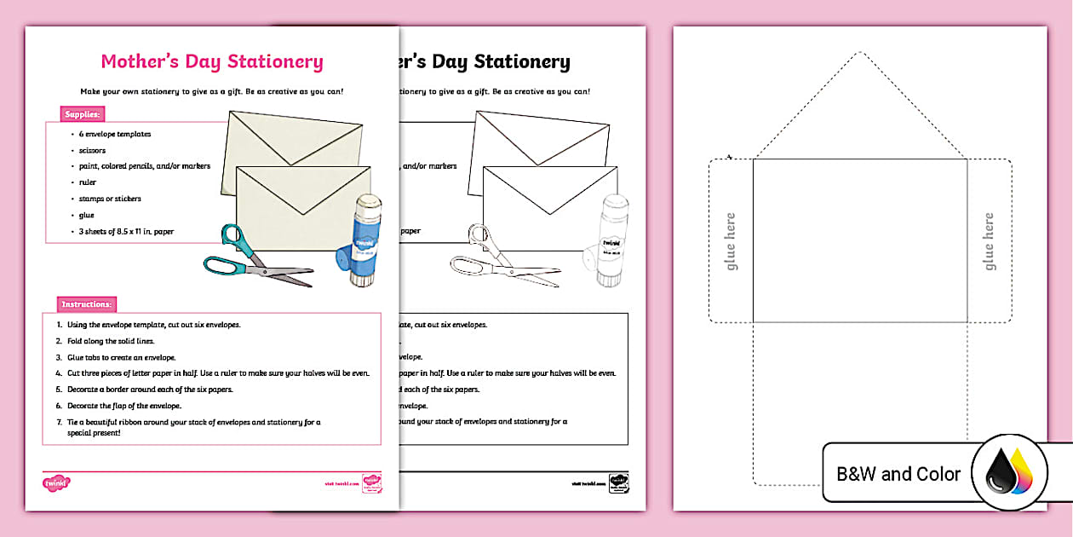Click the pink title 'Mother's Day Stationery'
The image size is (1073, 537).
click(212, 61)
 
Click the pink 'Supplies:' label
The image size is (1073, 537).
click(83, 113)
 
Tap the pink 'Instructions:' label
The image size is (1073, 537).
click(87, 304)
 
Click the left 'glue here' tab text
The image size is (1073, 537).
click(730, 242)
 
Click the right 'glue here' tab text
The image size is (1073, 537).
click(990, 242)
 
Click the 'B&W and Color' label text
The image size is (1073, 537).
click(898, 474)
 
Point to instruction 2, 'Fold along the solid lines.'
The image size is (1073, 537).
click(111, 341)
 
